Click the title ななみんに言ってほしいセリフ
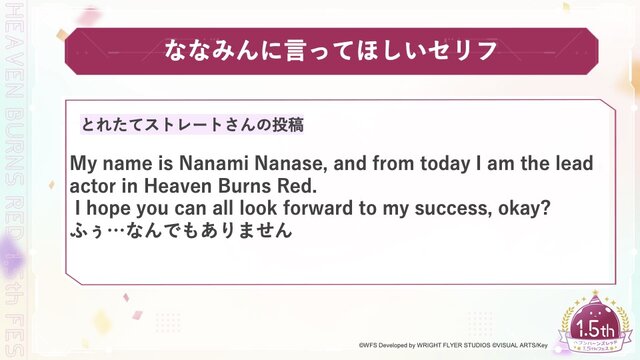coord(320,49)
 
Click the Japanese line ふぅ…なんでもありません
coord(180,231)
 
